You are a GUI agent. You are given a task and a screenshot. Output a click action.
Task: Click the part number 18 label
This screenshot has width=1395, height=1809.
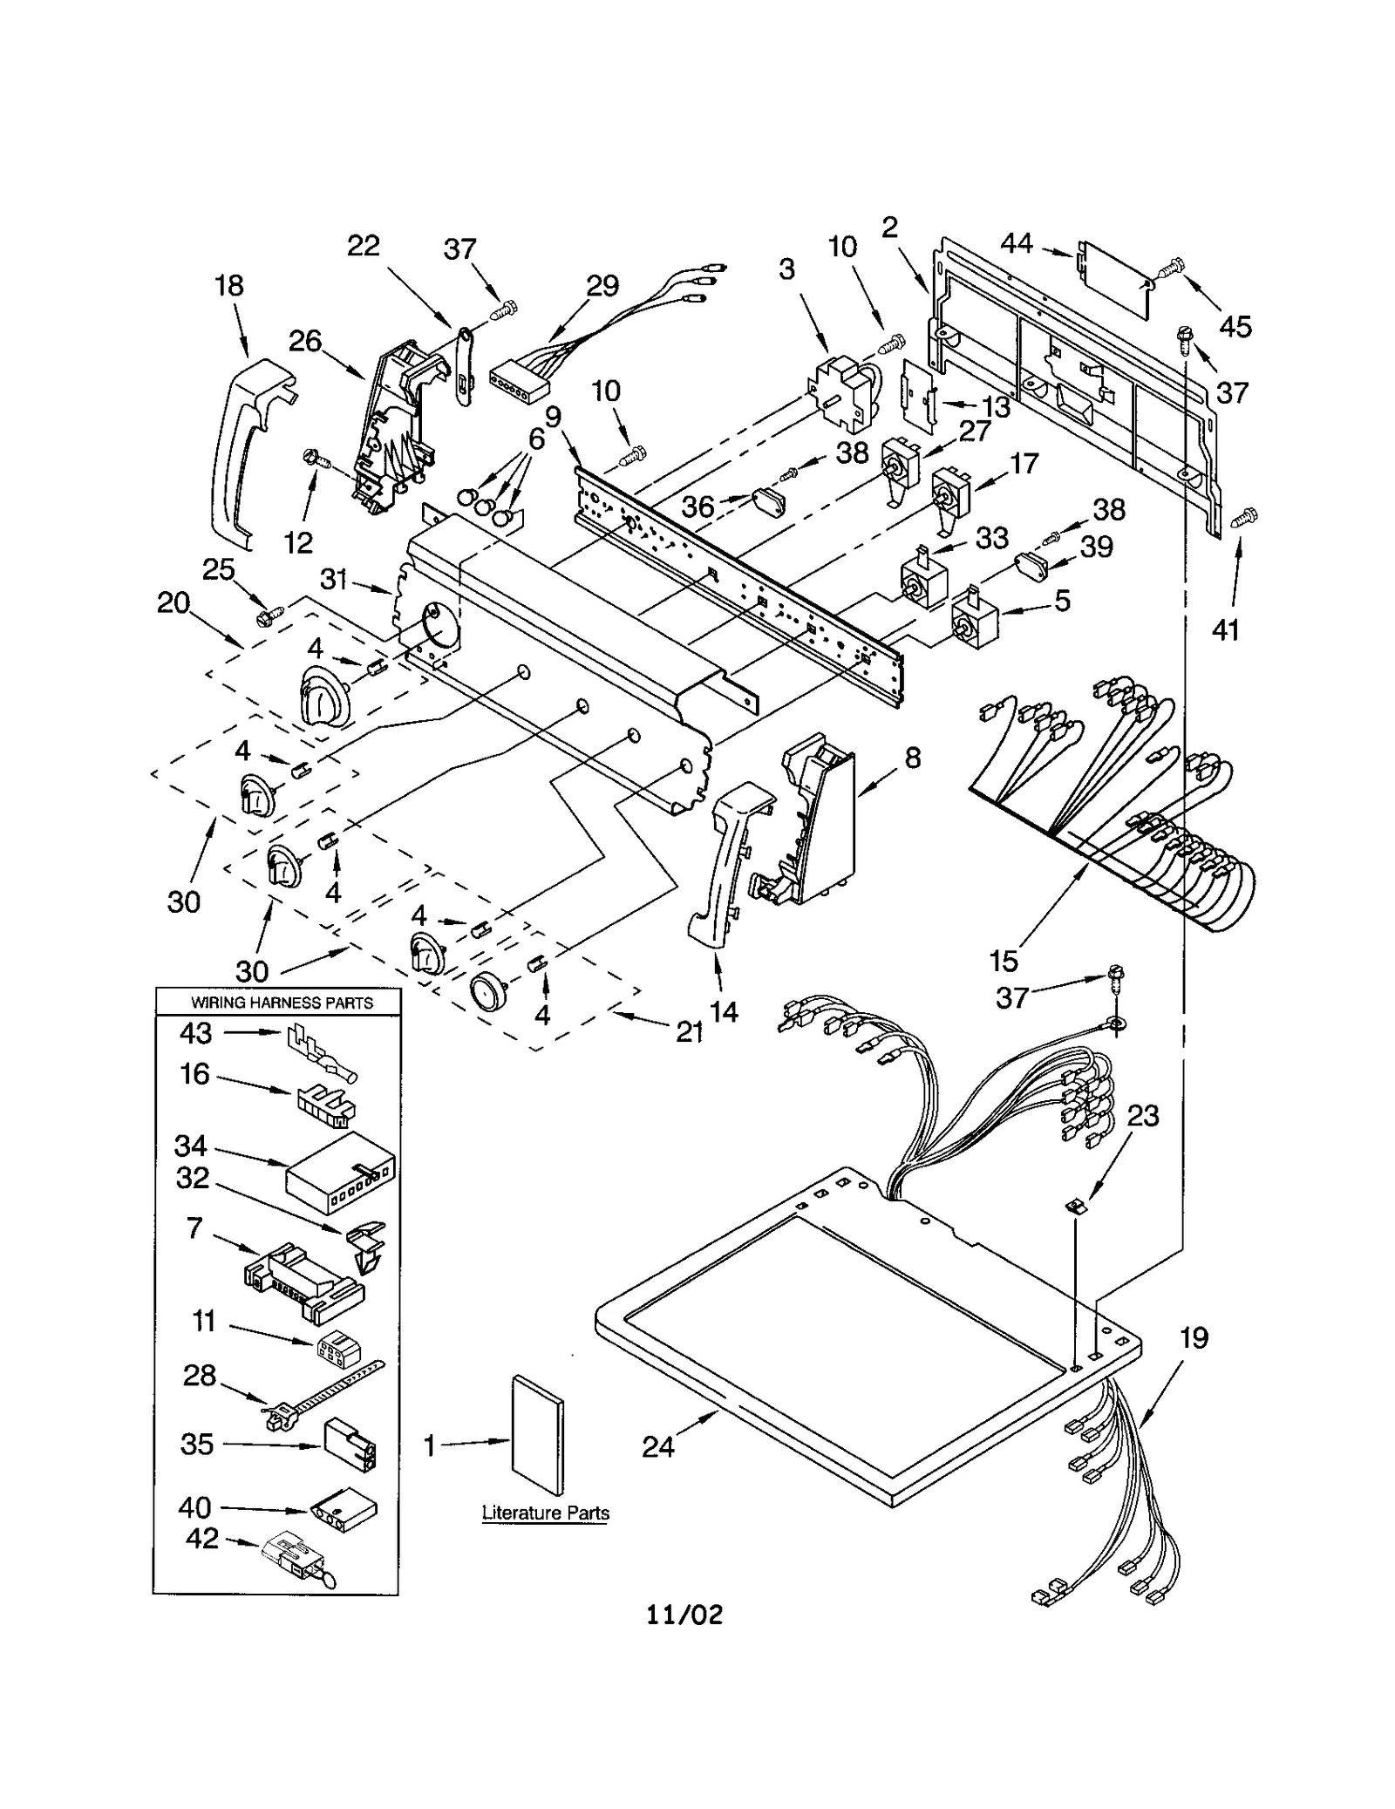coord(229,285)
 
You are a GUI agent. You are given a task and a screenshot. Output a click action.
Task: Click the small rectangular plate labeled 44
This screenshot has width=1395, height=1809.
coord(1113,277)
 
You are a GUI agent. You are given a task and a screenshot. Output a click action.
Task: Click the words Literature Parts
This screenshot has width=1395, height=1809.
coord(546,1513)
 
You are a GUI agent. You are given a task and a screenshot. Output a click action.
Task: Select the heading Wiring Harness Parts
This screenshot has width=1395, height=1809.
coord(282,1003)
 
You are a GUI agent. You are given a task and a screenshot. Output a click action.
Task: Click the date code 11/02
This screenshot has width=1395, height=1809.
coord(684,1615)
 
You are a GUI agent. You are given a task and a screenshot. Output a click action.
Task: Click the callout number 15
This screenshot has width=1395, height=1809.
coord(1004,961)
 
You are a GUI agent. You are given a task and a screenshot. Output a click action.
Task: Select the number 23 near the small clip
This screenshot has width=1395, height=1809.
coord(1143,1115)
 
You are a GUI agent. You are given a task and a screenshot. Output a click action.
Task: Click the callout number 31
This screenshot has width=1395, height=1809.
coord(334,579)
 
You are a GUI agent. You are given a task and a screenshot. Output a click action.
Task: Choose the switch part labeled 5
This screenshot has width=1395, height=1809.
coord(972,620)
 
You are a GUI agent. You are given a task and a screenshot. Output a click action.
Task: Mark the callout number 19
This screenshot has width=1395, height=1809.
coord(1194,1337)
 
